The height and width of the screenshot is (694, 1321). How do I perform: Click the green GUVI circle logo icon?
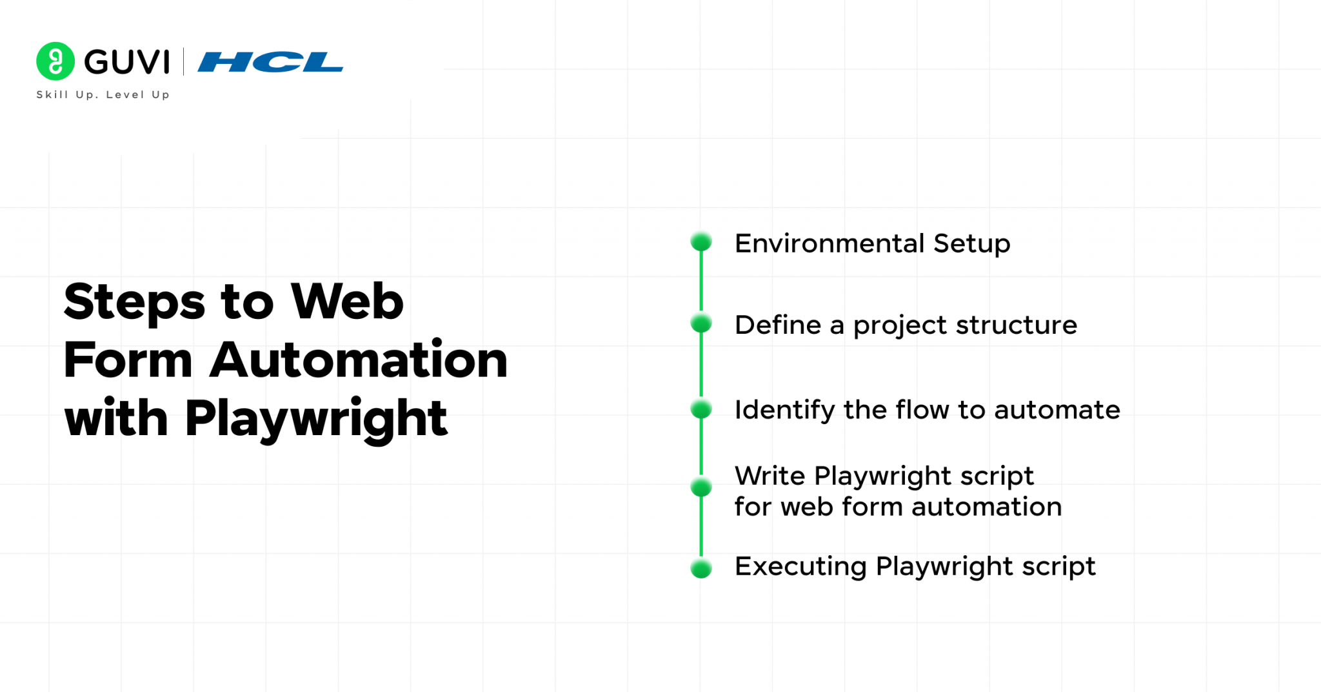coord(55,61)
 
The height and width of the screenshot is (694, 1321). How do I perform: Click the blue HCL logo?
coord(270,62)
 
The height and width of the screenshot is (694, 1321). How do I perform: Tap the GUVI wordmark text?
coord(127,62)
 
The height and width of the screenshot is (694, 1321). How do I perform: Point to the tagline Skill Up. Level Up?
coord(103,94)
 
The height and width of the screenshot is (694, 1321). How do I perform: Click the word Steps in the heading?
coord(134,302)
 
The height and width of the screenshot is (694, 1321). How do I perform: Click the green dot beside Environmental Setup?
coord(701,241)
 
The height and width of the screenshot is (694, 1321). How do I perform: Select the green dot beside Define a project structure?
coord(701,323)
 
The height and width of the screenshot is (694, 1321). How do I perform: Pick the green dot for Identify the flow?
coord(701,409)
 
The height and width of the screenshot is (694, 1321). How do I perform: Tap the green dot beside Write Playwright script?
coord(701,487)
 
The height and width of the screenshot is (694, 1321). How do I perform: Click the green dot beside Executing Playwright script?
coord(701,568)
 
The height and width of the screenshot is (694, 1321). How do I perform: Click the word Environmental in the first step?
coord(829,243)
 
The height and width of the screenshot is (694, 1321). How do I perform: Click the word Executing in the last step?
coord(800,567)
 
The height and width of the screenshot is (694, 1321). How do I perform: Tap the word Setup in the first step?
coord(971,244)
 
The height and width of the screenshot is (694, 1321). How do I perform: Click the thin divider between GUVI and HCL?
coord(184,61)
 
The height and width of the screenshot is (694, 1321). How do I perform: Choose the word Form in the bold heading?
coord(128,360)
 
